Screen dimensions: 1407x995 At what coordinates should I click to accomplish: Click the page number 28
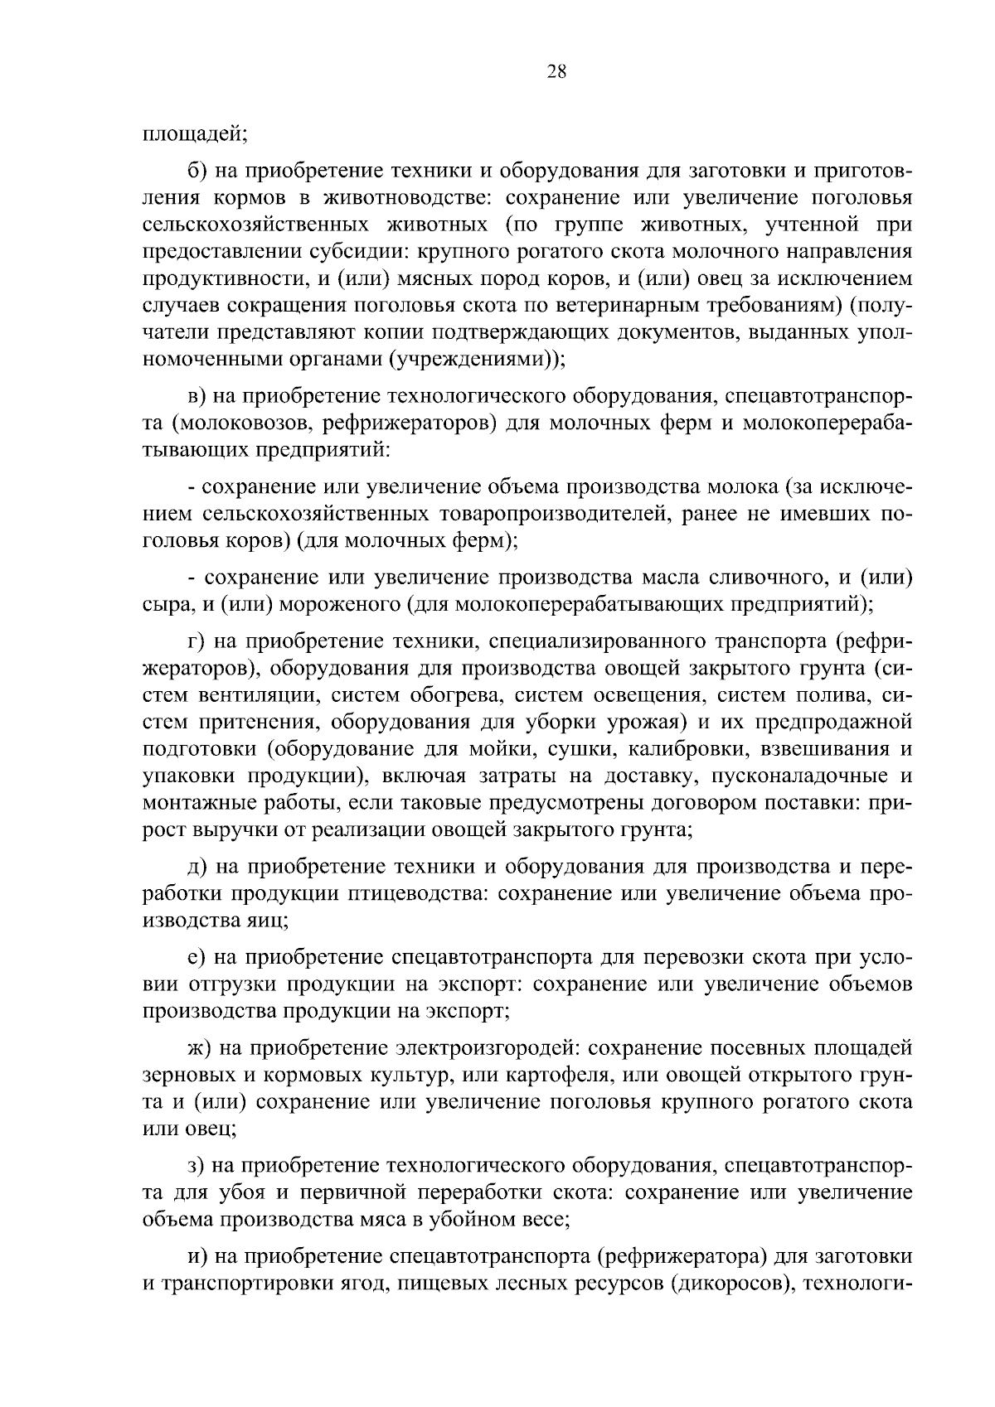coord(556,72)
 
